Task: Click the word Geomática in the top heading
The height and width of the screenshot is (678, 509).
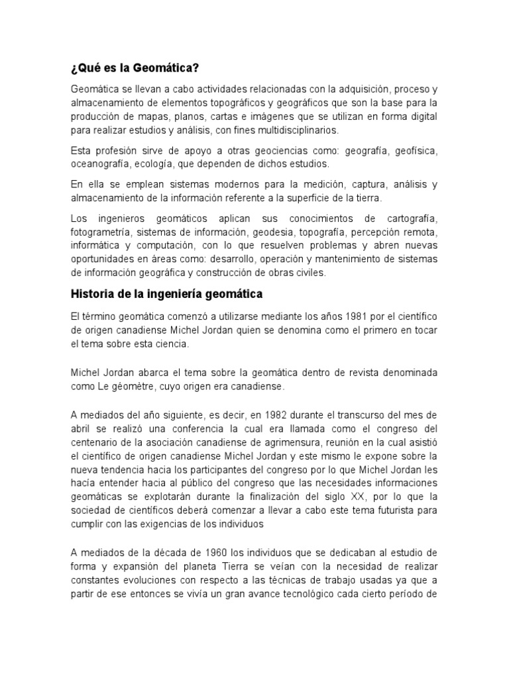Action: pyautogui.click(x=167, y=68)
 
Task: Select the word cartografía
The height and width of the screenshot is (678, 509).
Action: pyautogui.click(x=408, y=219)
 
